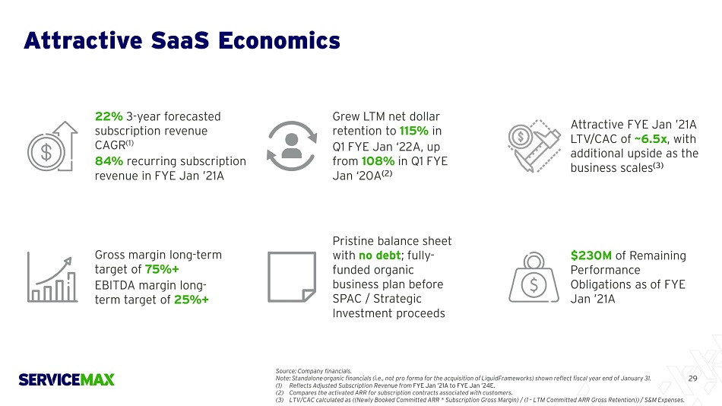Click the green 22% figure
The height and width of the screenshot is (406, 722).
[x=109, y=116]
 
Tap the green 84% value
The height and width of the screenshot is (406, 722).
[x=109, y=161]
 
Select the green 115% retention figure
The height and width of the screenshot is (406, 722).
[x=414, y=131]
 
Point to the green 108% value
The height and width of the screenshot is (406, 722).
[x=378, y=161]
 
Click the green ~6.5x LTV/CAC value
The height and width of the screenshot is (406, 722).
[x=650, y=139]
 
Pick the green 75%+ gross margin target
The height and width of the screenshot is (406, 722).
[x=162, y=269]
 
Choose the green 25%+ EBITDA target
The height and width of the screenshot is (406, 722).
[x=192, y=300]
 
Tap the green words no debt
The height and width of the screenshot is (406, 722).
[x=380, y=255]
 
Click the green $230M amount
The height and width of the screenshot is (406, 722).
[x=591, y=255]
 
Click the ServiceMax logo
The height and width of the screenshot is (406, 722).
[x=66, y=379]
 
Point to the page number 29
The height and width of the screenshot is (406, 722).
[x=692, y=379]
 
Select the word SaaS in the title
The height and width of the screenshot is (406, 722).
[x=179, y=40]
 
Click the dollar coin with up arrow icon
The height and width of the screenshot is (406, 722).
[x=52, y=147]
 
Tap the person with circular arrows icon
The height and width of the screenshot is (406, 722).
[x=292, y=146]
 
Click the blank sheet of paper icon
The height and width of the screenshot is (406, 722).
[x=292, y=277]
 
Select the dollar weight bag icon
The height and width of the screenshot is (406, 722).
[x=534, y=277]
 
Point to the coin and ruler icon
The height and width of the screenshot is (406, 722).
[x=534, y=146]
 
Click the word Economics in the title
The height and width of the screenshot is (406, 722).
[x=279, y=40]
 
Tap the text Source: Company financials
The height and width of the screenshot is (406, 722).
[x=313, y=371]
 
